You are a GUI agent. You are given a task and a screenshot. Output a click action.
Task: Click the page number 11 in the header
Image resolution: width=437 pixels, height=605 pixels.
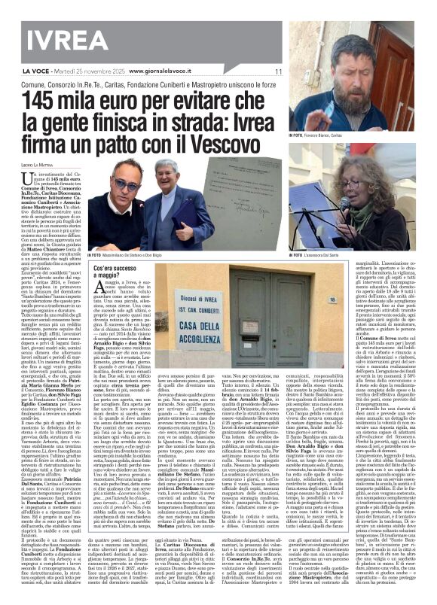click(278, 71)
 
